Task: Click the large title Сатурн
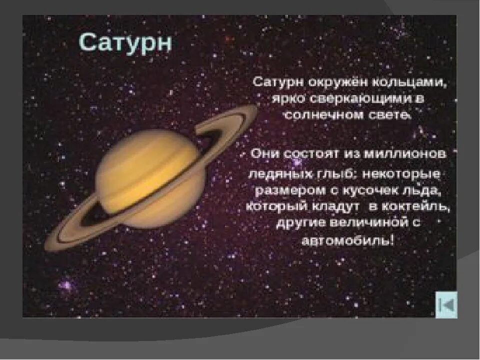click(x=125, y=43)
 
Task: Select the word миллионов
click(x=406, y=154)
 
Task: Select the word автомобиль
click(x=347, y=240)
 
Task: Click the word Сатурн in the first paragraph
click(x=274, y=81)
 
